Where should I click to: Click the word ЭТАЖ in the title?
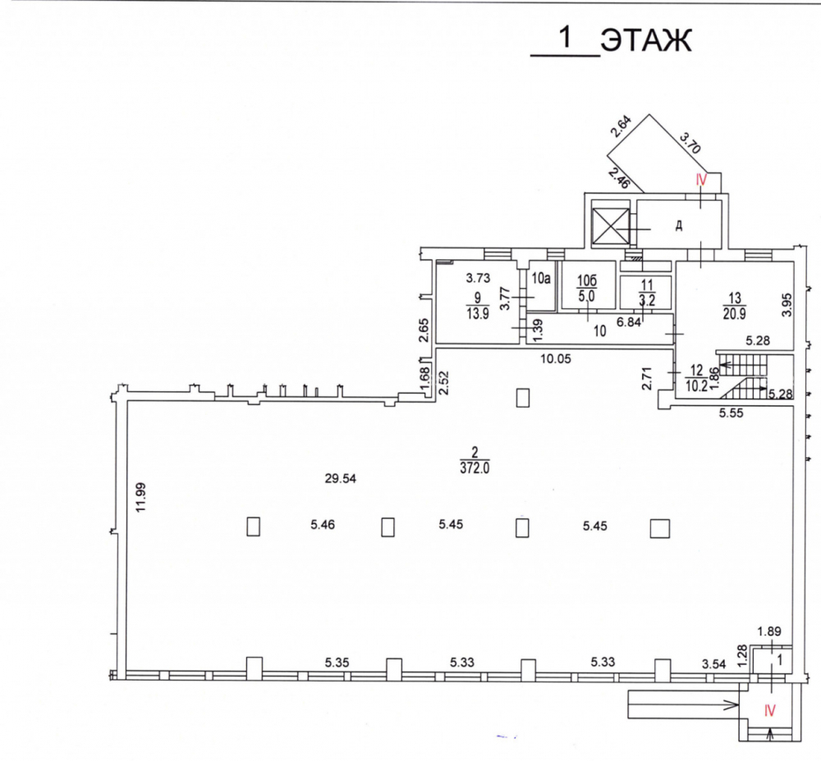pos(646,40)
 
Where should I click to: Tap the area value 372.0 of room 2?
pos(475,468)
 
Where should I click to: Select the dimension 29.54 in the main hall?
pos(341,479)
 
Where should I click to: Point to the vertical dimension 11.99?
pos(140,497)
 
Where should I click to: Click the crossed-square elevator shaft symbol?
pos(610,226)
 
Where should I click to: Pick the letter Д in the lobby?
pos(679,226)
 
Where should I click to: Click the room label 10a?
pos(541,278)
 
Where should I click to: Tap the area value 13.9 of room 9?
pos(478,314)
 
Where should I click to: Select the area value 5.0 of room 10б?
pos(587,296)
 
